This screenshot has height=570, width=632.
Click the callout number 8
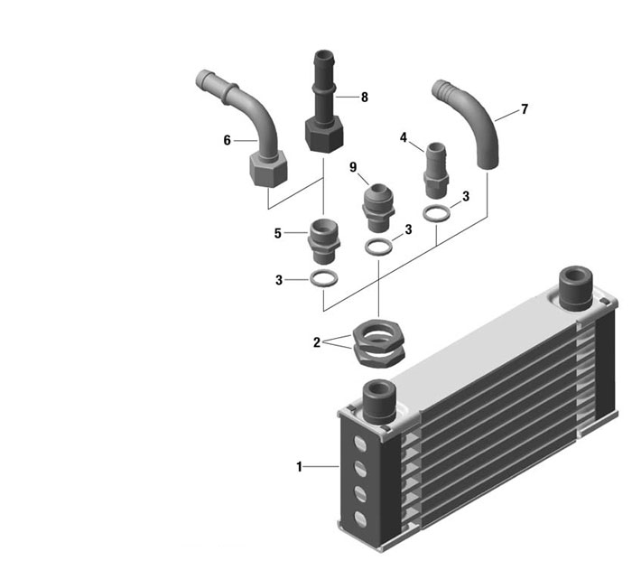coord(365,98)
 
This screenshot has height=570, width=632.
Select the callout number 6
coord(227,140)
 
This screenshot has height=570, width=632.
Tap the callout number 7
coord(524,109)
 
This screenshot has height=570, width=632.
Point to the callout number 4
coord(404,137)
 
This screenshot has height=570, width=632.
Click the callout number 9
coord(353,167)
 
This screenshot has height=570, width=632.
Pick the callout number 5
coord(278,233)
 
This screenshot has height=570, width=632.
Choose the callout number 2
coord(316,342)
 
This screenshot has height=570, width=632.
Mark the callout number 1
coord(299,467)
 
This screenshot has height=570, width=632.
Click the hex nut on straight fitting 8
coord(324,134)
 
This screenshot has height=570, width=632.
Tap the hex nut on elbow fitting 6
coord(268,169)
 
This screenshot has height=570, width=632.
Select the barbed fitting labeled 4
coord(436,170)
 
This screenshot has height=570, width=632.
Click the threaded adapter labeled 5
coord(323,241)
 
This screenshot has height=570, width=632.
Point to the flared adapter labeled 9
coord(378,208)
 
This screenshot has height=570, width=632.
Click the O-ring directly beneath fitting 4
coord(436,213)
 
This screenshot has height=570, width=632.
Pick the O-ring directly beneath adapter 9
coord(378,247)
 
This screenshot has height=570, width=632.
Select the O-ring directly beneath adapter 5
coord(323,278)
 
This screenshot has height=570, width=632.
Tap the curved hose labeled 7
coord(469,121)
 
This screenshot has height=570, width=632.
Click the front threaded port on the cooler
coord(379,401)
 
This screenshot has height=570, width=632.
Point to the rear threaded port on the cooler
coord(576,287)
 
